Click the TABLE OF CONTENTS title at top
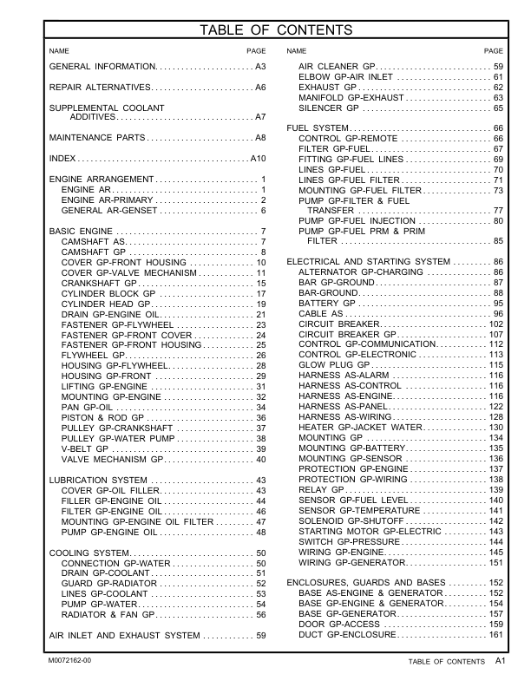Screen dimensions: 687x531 click(275, 31)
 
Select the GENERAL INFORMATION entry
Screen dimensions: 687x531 click(102, 67)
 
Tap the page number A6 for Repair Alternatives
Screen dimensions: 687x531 click(259, 88)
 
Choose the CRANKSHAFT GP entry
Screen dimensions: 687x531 click(99, 284)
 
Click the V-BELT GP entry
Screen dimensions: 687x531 click(85, 448)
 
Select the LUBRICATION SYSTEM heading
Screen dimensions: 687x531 click(99, 481)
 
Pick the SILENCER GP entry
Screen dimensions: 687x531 click(328, 108)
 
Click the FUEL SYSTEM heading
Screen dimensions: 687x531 click(318, 128)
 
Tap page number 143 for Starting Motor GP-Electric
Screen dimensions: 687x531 click(495, 531)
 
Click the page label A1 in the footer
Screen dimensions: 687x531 click(501, 661)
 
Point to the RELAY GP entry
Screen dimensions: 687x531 click(321, 490)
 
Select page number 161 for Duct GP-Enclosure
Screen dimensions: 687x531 click(495, 635)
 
